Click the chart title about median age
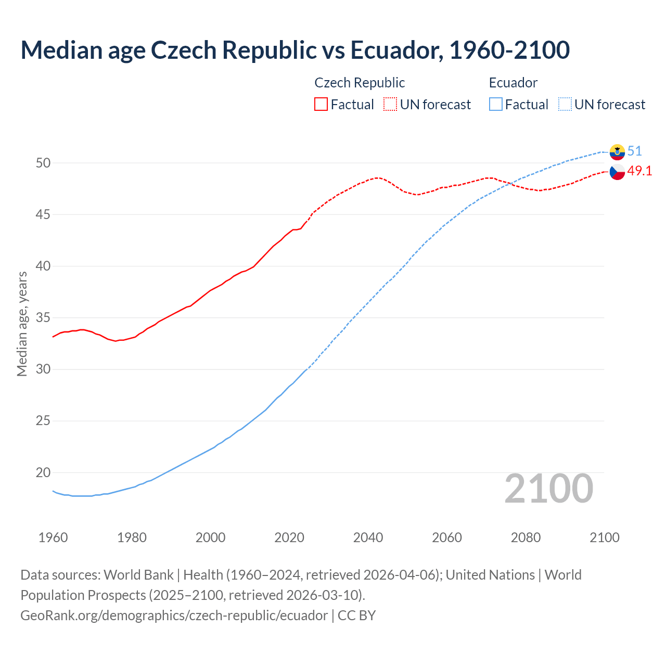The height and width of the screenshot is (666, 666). (295, 50)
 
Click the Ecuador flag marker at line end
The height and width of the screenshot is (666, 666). (617, 152)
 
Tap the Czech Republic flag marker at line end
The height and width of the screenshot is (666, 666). (617, 172)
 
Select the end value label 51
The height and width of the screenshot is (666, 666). (634, 151)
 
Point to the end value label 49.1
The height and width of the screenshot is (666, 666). (639, 171)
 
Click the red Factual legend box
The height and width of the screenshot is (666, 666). (321, 105)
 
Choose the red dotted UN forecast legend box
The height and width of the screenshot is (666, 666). (390, 105)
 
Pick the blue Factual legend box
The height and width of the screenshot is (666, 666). (496, 105)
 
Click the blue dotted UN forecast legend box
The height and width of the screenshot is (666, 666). (565, 105)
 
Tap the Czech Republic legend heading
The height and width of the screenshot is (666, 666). (360, 83)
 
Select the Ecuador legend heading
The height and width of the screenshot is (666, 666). (513, 83)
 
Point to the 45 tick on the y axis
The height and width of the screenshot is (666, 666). (43, 214)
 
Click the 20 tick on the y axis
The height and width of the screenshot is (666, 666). (43, 472)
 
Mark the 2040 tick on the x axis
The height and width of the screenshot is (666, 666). (368, 537)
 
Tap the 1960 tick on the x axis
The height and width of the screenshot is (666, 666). (53, 537)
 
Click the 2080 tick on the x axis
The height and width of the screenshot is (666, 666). (526, 537)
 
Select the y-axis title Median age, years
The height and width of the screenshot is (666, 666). (22, 324)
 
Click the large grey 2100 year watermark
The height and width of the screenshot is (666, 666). (549, 489)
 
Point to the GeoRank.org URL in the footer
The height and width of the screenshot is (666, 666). (174, 616)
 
